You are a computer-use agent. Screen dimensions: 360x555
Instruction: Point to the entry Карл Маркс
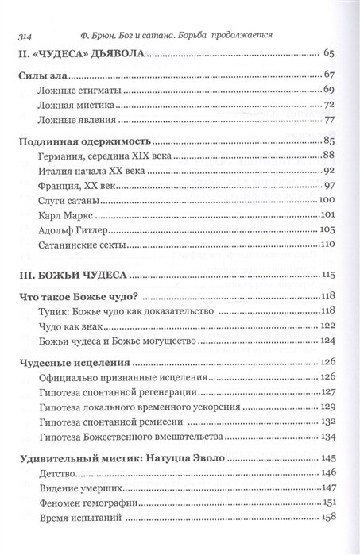coord(64,216)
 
